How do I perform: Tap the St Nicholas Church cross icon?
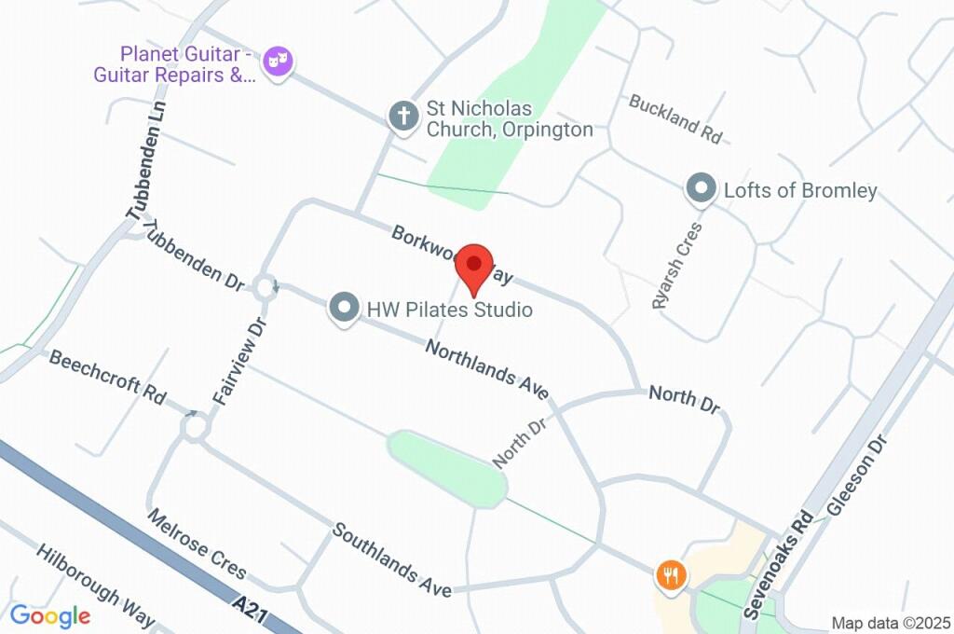click(402, 117)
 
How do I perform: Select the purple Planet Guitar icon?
click(277, 62)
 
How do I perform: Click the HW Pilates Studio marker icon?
click(346, 309)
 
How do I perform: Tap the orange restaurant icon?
click(671, 573)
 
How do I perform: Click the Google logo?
click(50, 615)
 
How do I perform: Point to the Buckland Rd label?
click(675, 118)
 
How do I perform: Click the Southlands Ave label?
click(392, 561)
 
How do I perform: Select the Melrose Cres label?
click(197, 544)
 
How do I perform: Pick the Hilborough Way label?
click(95, 585)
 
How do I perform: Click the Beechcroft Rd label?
click(107, 376)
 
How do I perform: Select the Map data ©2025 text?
click(891, 623)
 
